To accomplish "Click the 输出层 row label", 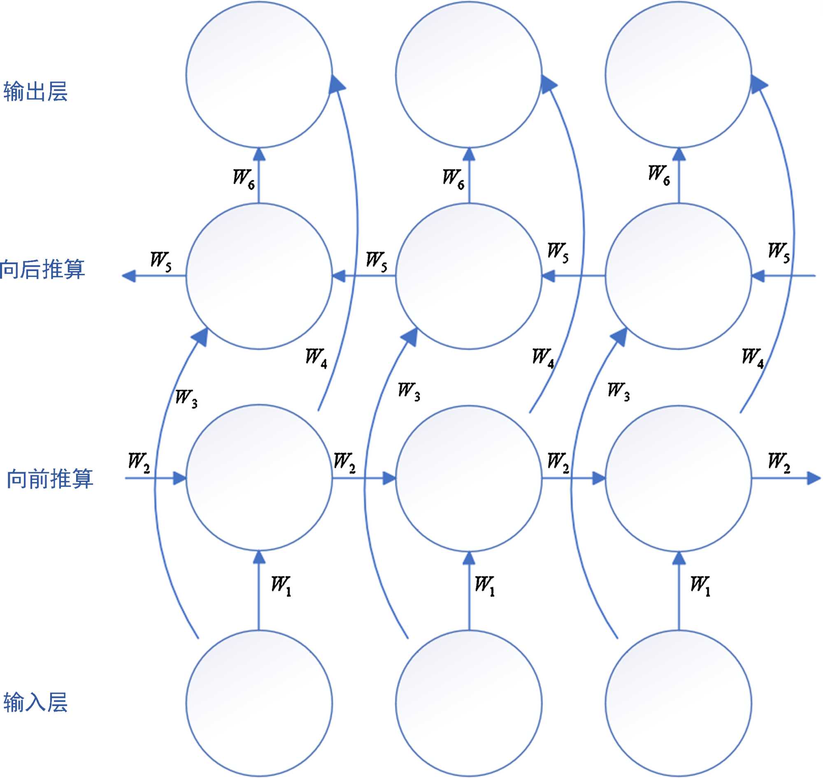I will coord(35,91).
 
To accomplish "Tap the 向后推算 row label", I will coord(42,269).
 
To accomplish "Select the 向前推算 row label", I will coord(50,478).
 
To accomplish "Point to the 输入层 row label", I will coord(35,702).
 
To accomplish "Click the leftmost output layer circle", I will coord(259,74).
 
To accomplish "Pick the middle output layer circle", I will coord(469,74).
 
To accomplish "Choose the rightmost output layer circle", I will coord(679,74).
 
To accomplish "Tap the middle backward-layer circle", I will coord(469,276).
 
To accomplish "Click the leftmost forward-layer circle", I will coord(259,478).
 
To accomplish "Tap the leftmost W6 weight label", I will coord(244,178).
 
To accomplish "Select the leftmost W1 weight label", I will coord(281,585).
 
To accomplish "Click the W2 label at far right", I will coord(779,462).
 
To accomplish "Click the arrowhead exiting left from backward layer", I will coord(128,276).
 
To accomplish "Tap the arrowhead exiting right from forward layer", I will coord(814,478).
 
